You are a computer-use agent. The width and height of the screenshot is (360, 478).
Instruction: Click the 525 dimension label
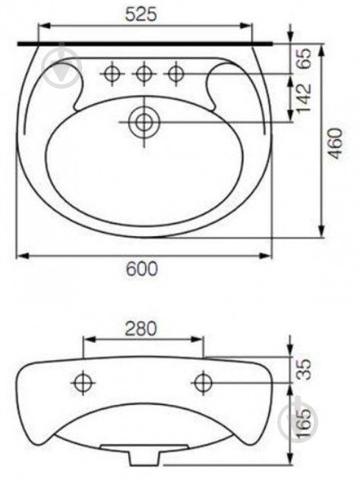(141, 14)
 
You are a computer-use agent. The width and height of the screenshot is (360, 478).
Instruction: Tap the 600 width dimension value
(142, 269)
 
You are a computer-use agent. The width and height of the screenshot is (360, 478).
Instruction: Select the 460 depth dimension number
(335, 143)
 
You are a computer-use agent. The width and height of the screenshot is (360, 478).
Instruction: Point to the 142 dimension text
(304, 98)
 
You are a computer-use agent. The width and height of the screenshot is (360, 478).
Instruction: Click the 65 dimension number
(304, 58)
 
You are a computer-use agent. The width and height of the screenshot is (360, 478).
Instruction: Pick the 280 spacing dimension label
(141, 329)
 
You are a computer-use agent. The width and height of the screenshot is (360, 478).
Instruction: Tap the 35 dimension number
(304, 370)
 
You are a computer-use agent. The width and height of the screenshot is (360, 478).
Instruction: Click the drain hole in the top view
(144, 122)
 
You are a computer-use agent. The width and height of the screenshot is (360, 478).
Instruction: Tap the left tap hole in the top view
(112, 74)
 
